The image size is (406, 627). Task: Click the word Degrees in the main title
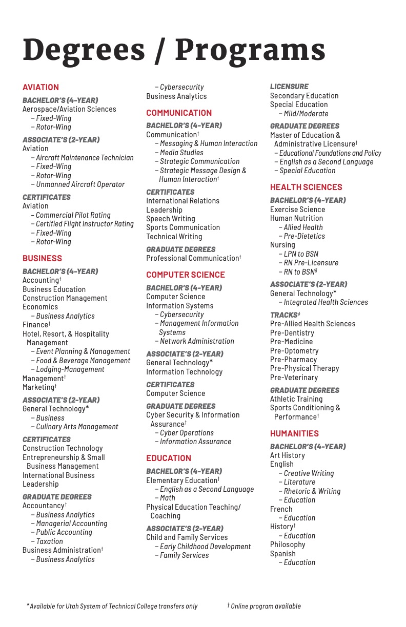(x=84, y=50)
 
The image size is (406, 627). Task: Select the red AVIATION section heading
(x=40, y=87)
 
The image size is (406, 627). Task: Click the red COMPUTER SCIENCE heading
(x=186, y=275)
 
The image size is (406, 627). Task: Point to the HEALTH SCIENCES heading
(x=306, y=187)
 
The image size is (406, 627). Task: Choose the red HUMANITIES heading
(x=294, y=433)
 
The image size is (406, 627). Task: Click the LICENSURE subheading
(x=289, y=87)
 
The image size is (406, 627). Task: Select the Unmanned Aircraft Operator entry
(x=80, y=184)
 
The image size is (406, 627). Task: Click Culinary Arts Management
(x=77, y=427)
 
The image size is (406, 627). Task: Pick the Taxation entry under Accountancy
(x=49, y=541)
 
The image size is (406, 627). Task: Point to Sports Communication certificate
(x=183, y=227)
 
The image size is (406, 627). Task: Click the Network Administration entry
(x=197, y=341)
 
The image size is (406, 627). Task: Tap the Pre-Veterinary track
(x=294, y=378)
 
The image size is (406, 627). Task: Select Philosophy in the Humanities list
(x=288, y=545)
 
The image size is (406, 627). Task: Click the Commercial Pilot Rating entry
(x=73, y=215)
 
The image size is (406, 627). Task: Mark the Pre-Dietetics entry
(x=304, y=236)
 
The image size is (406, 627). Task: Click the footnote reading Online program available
(x=266, y=606)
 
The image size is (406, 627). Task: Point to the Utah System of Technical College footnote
(x=113, y=606)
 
